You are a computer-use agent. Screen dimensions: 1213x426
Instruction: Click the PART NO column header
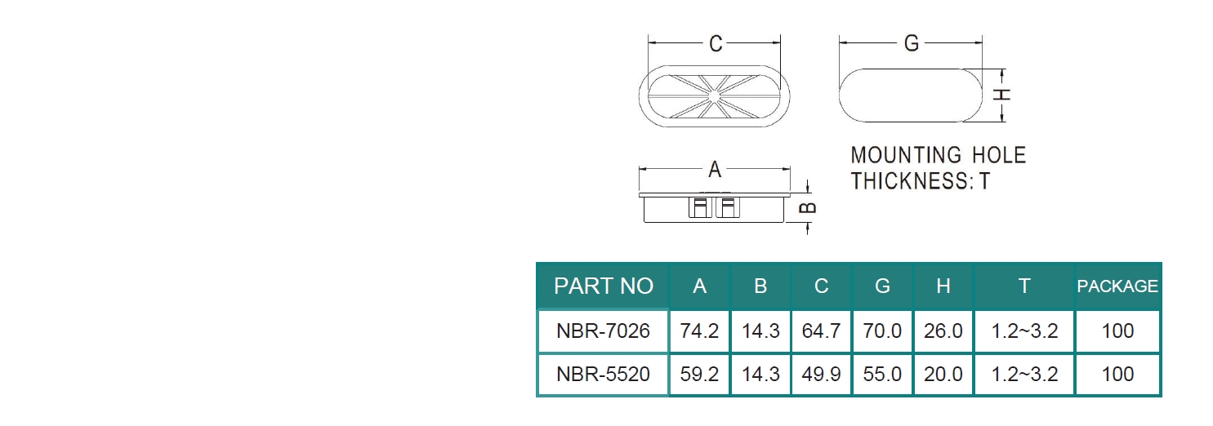pyautogui.click(x=604, y=286)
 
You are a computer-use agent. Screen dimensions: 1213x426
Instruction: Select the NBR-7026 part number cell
pyautogui.click(x=604, y=331)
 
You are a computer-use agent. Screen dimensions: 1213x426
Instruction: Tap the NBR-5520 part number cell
pyautogui.click(x=604, y=374)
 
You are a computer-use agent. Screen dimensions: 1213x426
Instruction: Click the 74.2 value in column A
pyautogui.click(x=700, y=331)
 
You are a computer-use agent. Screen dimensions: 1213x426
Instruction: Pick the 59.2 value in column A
pyautogui.click(x=700, y=374)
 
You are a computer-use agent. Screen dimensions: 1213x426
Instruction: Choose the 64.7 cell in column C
pyautogui.click(x=822, y=331)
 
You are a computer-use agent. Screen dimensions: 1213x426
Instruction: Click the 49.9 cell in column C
pyautogui.click(x=822, y=374)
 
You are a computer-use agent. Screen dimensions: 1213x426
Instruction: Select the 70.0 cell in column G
pyautogui.click(x=883, y=331)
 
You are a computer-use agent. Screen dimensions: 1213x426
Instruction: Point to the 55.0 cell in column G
pyautogui.click(x=883, y=374)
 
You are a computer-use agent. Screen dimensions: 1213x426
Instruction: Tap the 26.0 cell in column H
pyautogui.click(x=943, y=331)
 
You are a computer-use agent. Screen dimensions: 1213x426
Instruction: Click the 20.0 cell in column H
pyautogui.click(x=943, y=374)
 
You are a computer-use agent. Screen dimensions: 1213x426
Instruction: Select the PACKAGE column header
pyautogui.click(x=1117, y=286)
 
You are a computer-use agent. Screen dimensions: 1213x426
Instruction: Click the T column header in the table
pyautogui.click(x=1024, y=286)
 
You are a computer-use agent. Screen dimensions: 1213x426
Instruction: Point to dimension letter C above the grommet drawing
pyautogui.click(x=716, y=44)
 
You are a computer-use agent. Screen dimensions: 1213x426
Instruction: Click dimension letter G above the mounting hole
pyautogui.click(x=912, y=43)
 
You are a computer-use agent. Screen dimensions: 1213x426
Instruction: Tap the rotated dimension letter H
pyautogui.click(x=1002, y=95)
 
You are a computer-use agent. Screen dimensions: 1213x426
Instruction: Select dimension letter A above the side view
pyautogui.click(x=715, y=170)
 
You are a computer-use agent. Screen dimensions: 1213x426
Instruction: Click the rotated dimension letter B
pyautogui.click(x=808, y=208)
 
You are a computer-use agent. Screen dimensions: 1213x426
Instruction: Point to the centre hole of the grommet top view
pyautogui.click(x=714, y=96)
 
